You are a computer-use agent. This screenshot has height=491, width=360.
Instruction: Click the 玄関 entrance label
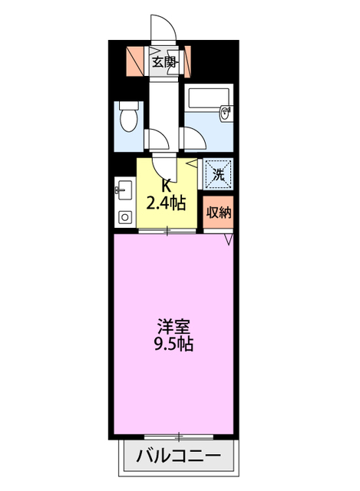coord(163,62)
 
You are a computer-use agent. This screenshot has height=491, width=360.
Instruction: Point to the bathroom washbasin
coord(226,114)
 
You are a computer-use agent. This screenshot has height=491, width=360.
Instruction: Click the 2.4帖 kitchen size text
coord(167,203)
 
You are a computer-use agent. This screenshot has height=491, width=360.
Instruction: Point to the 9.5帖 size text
coord(172,344)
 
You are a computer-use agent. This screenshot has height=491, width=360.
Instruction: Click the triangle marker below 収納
coord(228,241)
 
